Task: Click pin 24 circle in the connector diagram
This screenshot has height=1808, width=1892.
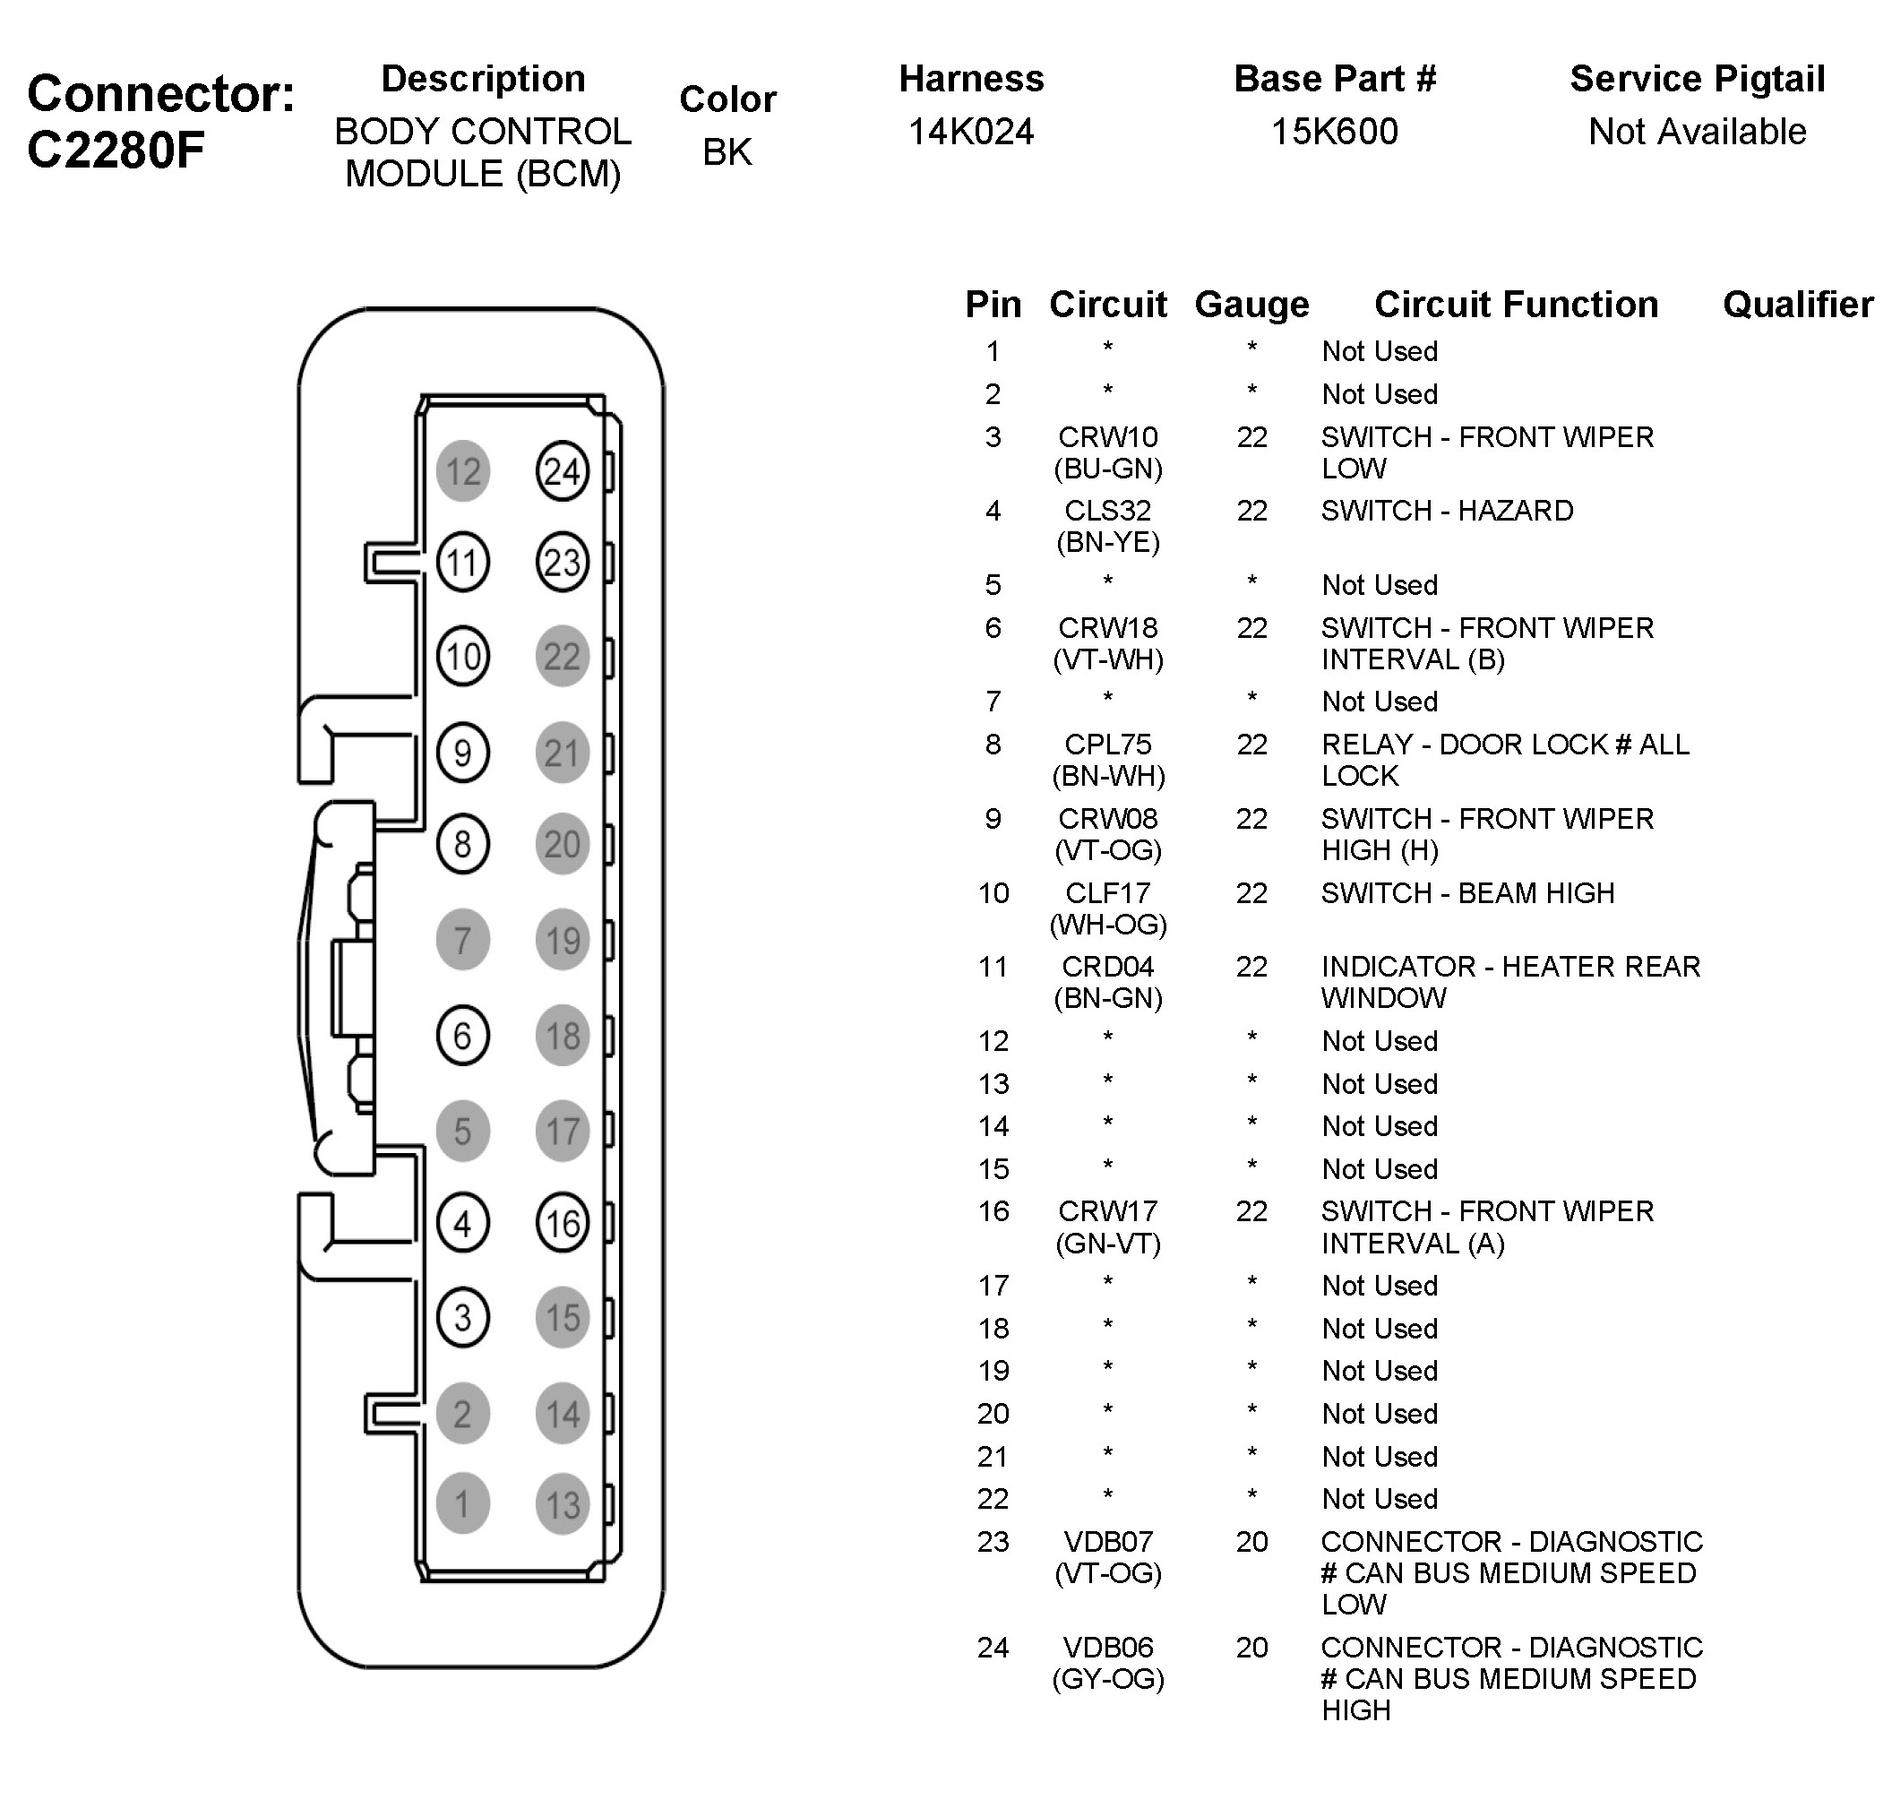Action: click(562, 471)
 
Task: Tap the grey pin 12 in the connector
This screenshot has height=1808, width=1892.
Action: click(462, 471)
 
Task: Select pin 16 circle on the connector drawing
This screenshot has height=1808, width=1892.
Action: click(562, 1223)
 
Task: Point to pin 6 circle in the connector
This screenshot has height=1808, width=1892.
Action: click(462, 1036)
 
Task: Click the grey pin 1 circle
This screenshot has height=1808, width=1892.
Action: click(462, 1503)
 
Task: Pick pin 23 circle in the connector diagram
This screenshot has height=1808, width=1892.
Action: click(562, 562)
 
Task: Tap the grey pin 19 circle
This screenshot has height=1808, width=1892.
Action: click(562, 940)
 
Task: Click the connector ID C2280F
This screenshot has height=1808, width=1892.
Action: click(116, 150)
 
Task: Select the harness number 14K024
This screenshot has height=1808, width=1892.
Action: click(970, 131)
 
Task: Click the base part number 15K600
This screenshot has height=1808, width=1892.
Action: click(1334, 131)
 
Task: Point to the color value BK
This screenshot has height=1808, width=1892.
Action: click(727, 151)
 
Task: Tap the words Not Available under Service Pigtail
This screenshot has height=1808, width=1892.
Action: click(1697, 131)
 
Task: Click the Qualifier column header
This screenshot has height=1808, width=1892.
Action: click(1798, 305)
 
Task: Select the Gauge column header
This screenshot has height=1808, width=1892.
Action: click(1251, 305)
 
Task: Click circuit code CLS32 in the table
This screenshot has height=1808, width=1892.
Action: click(1107, 510)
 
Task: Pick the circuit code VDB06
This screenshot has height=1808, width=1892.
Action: click(1107, 1647)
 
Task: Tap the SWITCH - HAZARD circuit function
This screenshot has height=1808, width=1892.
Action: click(1447, 510)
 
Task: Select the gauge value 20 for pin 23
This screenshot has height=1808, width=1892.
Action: click(1251, 1541)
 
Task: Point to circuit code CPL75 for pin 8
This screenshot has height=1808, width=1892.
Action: click(1107, 744)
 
